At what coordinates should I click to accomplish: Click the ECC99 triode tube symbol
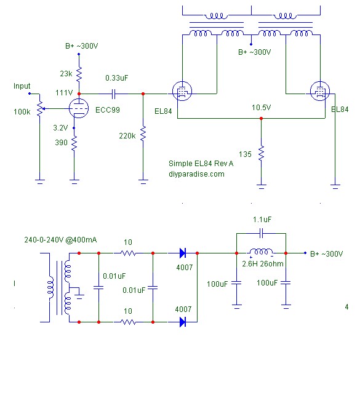click(x=79, y=108)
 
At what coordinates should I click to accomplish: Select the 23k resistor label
click(x=66, y=74)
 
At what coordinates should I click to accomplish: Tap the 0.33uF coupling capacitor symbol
click(x=113, y=94)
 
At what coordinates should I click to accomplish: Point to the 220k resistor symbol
click(x=143, y=133)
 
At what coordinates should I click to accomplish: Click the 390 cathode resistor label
click(x=61, y=143)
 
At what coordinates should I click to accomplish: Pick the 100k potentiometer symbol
click(x=40, y=108)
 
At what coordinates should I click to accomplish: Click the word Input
click(x=22, y=86)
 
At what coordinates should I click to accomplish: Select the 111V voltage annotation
click(x=64, y=93)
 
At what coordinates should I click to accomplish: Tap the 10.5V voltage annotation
click(x=262, y=108)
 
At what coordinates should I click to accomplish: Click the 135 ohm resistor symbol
click(x=262, y=153)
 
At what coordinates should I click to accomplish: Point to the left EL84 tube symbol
click(x=182, y=91)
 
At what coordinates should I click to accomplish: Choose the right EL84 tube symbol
click(x=320, y=91)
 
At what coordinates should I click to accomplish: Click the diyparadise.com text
click(x=196, y=174)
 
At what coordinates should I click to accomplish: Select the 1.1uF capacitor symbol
click(x=262, y=233)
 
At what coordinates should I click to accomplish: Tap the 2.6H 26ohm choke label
click(x=263, y=264)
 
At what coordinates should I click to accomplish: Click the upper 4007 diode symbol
click(x=183, y=253)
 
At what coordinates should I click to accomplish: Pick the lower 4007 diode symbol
click(x=183, y=322)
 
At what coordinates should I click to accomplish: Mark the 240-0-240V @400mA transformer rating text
click(x=60, y=239)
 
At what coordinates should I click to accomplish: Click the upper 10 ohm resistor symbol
click(x=128, y=253)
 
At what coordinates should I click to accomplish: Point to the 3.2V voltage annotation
click(x=60, y=128)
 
